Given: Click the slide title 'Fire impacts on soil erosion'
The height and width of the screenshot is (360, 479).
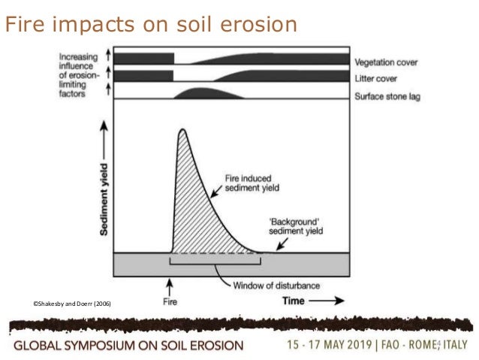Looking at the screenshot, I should click(x=151, y=24).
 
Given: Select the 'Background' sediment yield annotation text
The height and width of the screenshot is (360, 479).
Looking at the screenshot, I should click(x=300, y=228).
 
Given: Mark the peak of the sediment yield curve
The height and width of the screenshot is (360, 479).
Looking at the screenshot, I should click(x=181, y=131).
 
